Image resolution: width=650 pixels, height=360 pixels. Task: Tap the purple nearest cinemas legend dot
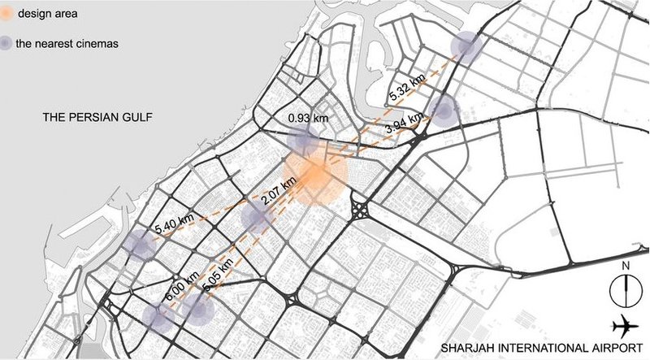(7, 42)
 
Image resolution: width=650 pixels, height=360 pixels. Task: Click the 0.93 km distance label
(308, 119)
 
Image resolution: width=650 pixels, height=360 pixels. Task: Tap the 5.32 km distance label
(407, 87)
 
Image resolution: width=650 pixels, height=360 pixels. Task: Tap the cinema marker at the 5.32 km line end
(466, 46)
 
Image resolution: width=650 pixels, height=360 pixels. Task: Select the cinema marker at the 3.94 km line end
(444, 110)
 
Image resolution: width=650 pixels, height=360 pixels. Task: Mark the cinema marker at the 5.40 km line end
(138, 245)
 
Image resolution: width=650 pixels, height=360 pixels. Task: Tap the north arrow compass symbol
(626, 288)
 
